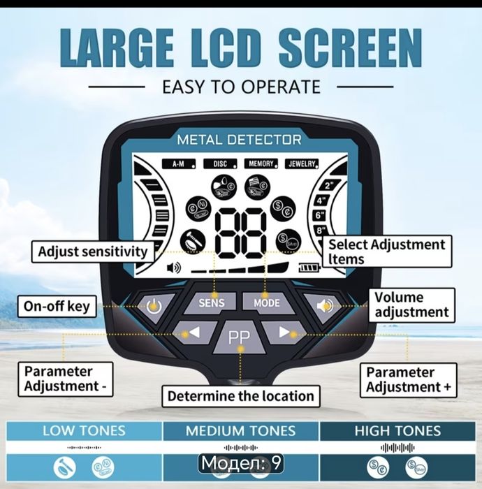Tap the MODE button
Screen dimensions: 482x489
coord(267,302)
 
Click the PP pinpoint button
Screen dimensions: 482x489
coord(240,337)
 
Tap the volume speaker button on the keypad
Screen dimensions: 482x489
coord(324,306)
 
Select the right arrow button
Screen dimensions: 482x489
coord(284,333)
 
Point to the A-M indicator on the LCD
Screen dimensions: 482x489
coord(179,163)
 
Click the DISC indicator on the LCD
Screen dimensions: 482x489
coord(220,163)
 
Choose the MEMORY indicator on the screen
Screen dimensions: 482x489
coord(261,163)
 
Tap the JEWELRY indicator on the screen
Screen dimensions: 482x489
coord(302,163)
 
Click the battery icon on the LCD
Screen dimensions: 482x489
coord(309,268)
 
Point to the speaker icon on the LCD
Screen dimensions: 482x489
coord(174,268)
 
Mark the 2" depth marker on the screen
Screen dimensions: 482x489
coord(329,186)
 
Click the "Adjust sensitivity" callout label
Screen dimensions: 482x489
coord(93,251)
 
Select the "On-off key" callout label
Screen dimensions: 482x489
coord(57,306)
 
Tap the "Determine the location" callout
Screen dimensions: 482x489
coord(241,396)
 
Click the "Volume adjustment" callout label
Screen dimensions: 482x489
coord(411,305)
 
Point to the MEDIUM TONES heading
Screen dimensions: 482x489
coord(241,431)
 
